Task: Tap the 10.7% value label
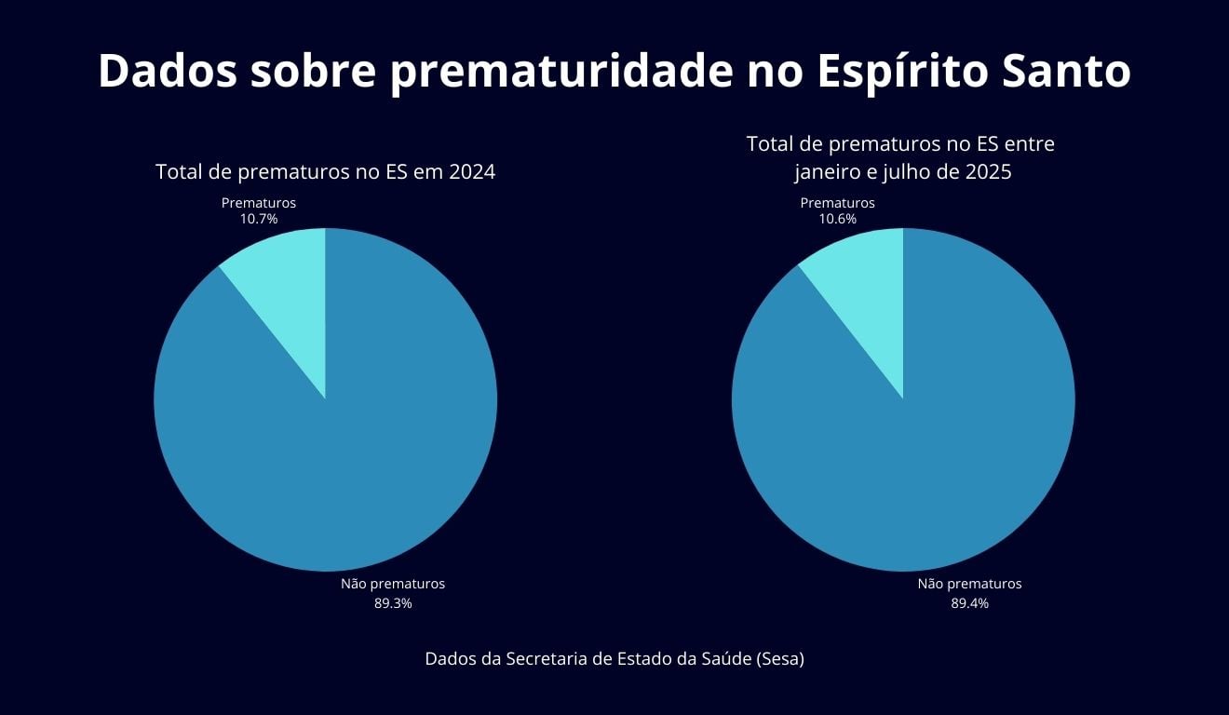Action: tap(259, 220)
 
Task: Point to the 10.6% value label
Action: tap(838, 220)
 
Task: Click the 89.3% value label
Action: tap(393, 603)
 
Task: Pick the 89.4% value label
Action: tap(969, 603)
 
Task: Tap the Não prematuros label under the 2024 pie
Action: tap(393, 584)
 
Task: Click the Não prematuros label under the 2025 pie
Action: tap(969, 584)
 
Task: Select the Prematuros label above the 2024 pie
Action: tap(259, 203)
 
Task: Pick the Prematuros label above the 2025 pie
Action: tap(838, 203)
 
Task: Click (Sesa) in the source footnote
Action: tap(780, 658)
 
